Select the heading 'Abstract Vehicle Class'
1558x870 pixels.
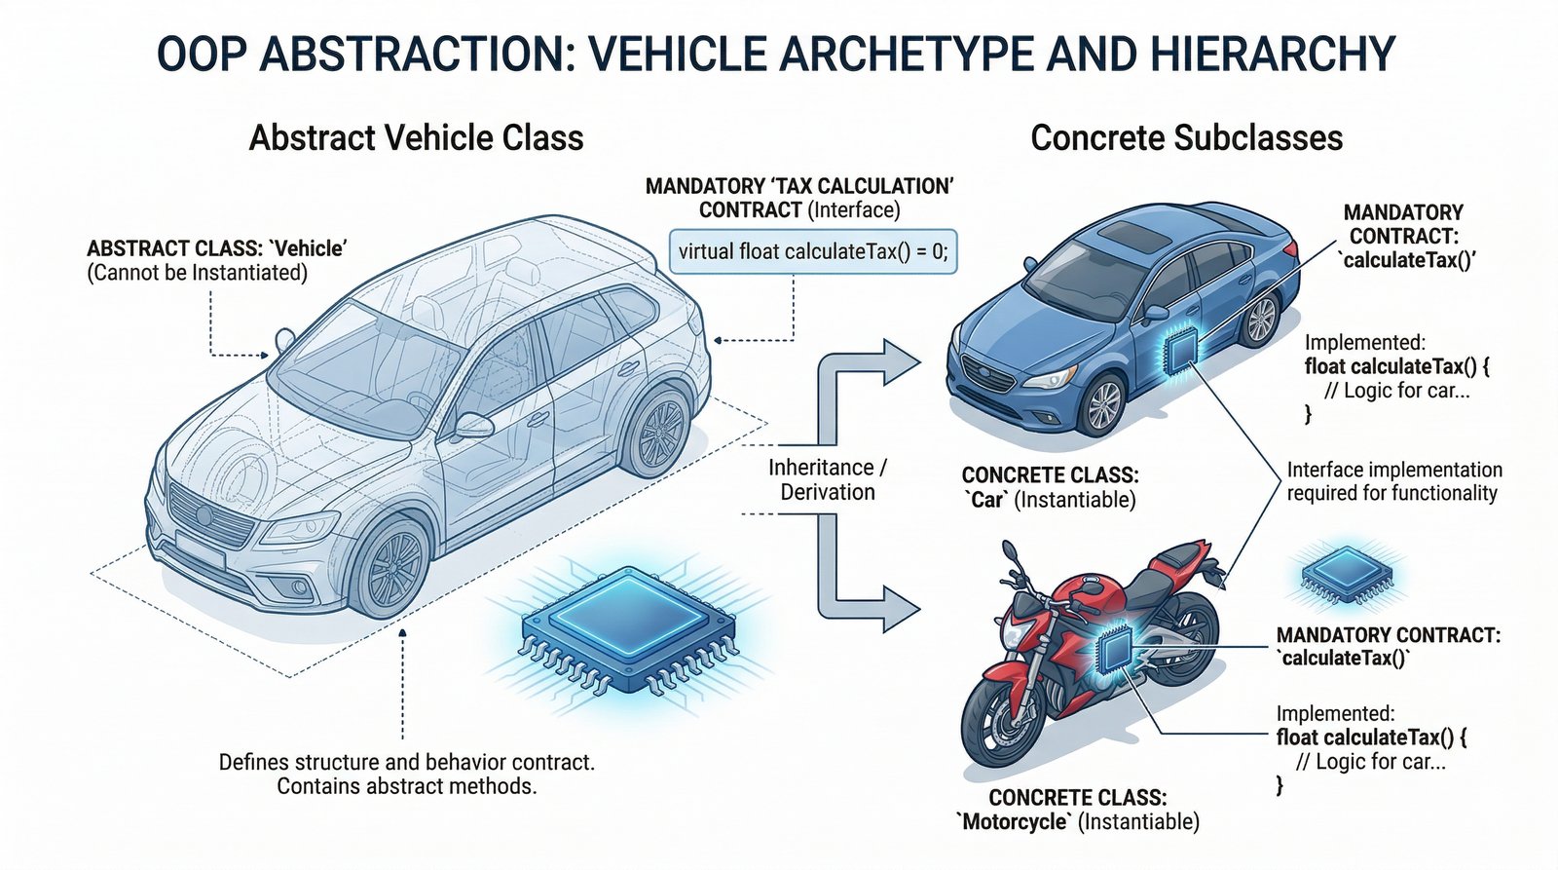point(416,137)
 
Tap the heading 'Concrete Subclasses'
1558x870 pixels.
point(1186,137)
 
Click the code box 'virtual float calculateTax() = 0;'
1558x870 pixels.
point(812,252)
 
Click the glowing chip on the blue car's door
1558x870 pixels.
point(1181,351)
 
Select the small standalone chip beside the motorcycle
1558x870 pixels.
point(1346,573)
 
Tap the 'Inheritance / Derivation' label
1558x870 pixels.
point(828,479)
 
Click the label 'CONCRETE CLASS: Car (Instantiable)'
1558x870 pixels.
point(1049,488)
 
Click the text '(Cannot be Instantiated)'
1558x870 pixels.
point(198,273)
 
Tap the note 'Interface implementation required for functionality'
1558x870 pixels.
point(1393,481)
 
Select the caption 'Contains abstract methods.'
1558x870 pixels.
point(407,786)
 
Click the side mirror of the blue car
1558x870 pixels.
point(1156,314)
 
